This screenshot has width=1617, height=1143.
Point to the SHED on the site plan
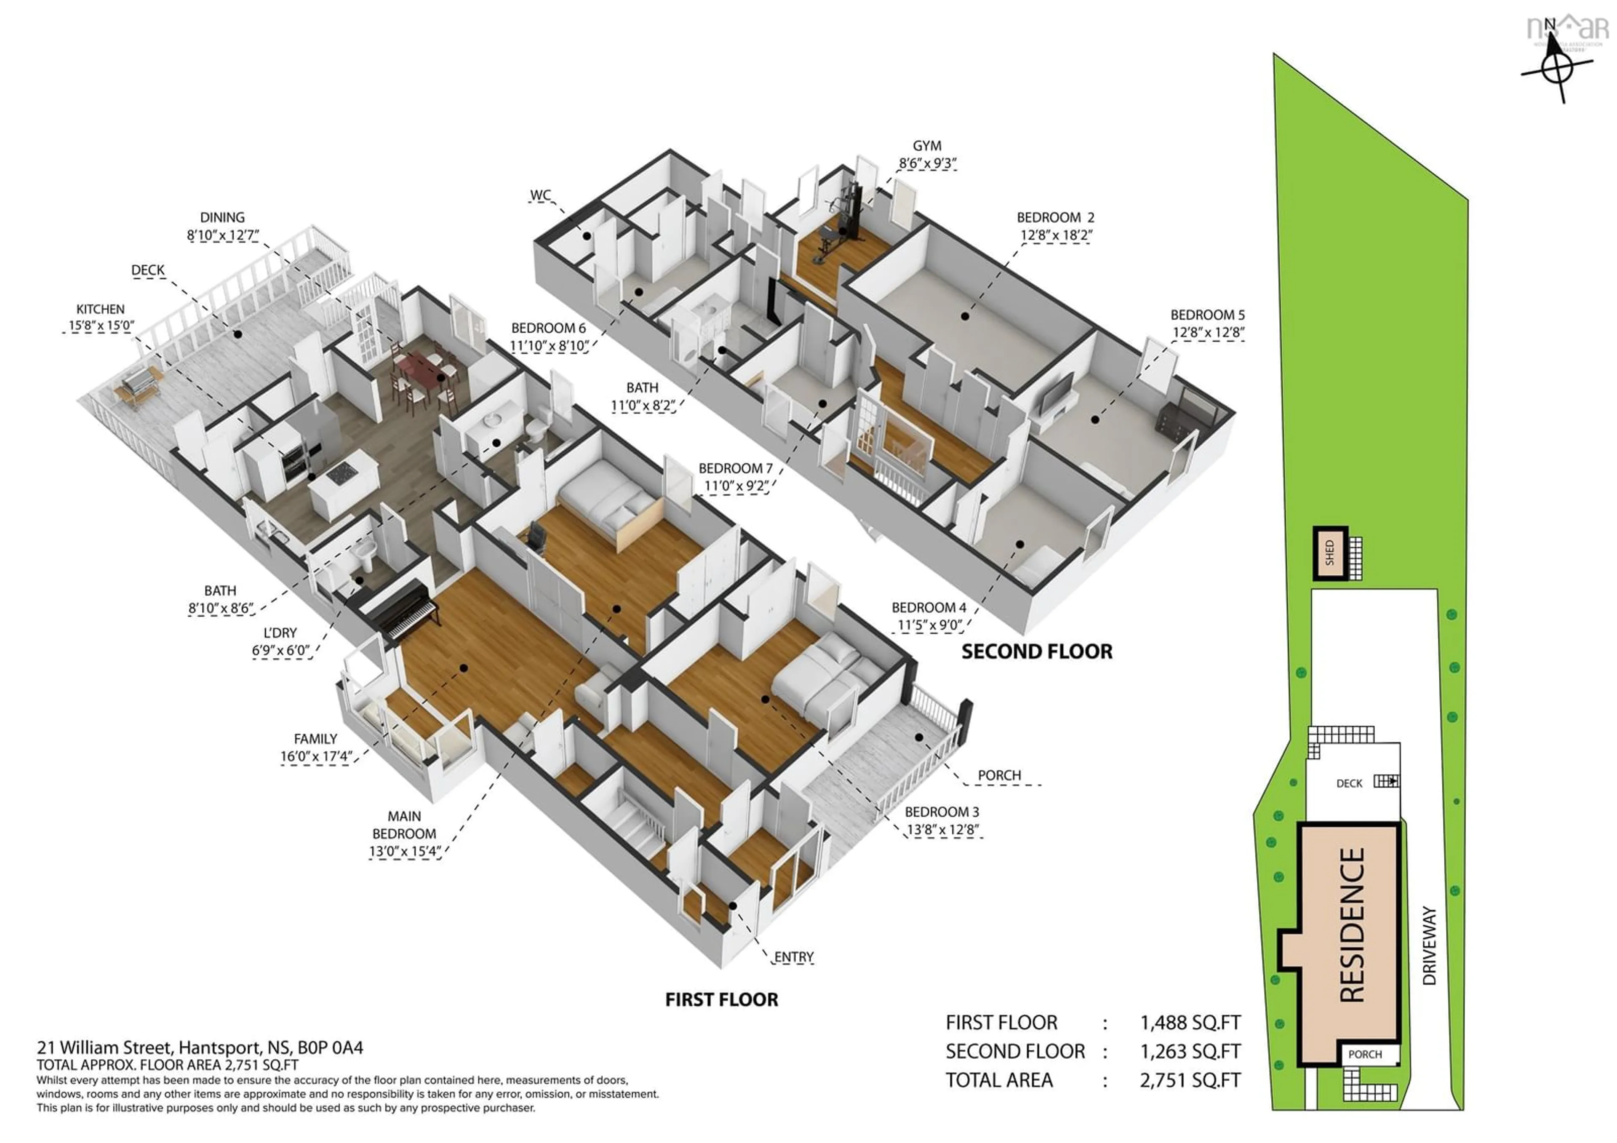point(1330,553)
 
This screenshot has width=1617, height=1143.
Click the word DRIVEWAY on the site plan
point(1429,945)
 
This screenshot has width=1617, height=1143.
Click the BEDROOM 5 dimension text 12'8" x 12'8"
point(1208,332)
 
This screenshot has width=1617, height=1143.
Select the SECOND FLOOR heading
point(1037,652)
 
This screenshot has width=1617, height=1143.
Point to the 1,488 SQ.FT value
point(1190,1023)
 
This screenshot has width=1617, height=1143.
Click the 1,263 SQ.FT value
point(1190,1052)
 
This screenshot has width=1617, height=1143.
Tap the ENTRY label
point(794,957)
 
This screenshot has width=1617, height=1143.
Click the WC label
point(540,195)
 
